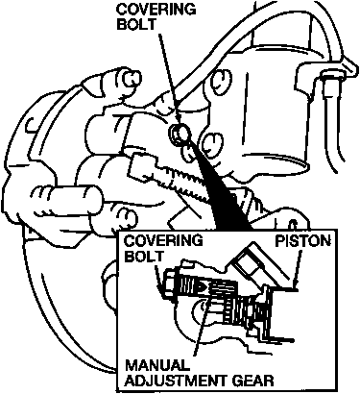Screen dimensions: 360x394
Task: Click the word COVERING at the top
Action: pos(156,10)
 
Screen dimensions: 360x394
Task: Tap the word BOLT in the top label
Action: pos(136,24)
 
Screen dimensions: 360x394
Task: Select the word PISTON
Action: pos(302,241)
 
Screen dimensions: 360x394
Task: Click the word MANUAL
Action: pos(156,365)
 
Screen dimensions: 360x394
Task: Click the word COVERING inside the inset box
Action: pos(163,240)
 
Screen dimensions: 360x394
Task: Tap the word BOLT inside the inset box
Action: pos(144,256)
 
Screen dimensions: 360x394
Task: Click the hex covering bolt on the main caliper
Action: pos(180,133)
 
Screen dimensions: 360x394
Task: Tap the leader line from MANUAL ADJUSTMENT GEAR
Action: pos(201,324)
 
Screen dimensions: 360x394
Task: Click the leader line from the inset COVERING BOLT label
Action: pos(158,277)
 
